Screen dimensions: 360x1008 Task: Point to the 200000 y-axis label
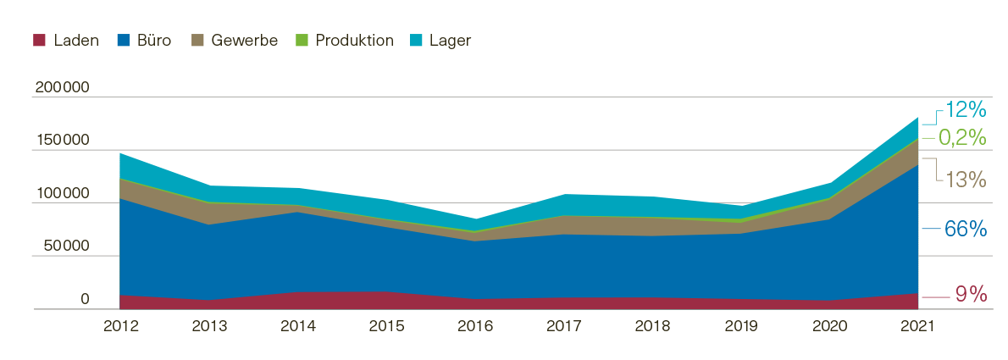(63, 88)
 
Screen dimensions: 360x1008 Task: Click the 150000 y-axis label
(63, 141)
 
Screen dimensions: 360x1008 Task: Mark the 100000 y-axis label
(63, 194)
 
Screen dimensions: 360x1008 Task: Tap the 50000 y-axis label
(67, 246)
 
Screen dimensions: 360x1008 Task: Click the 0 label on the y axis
(85, 299)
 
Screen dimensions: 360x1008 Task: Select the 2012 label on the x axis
(119, 327)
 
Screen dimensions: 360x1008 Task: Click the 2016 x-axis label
(475, 327)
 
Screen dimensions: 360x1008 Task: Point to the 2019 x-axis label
(741, 327)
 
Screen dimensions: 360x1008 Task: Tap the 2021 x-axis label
(918, 327)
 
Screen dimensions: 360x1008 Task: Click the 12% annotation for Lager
(966, 110)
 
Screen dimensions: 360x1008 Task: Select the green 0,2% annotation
(963, 137)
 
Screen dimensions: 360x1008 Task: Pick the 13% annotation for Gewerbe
(966, 180)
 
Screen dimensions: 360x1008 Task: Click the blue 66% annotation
(966, 230)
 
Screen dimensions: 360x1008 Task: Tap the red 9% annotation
(971, 295)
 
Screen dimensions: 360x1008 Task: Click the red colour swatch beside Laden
(38, 41)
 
